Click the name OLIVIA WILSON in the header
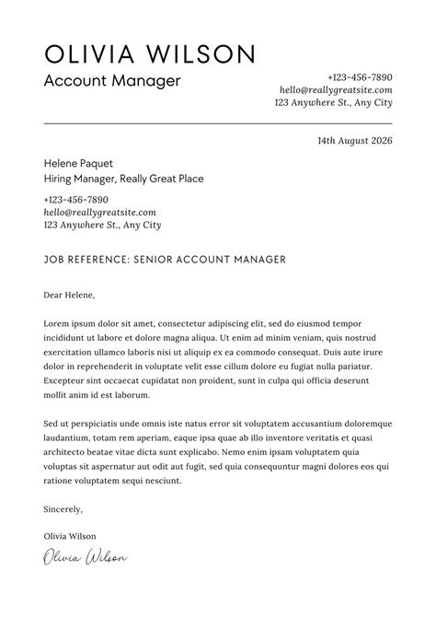click(x=149, y=52)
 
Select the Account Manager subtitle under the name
click(x=112, y=81)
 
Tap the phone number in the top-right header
click(x=360, y=77)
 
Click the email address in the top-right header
click(x=336, y=90)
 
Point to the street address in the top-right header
click(x=333, y=103)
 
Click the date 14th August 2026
click(x=354, y=141)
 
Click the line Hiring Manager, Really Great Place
click(x=123, y=179)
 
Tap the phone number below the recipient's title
click(x=75, y=199)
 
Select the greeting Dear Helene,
click(x=69, y=296)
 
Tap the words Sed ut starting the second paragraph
click(x=56, y=424)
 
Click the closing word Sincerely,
click(x=63, y=507)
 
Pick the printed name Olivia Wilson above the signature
click(x=69, y=536)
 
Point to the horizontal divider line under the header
click(x=218, y=122)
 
